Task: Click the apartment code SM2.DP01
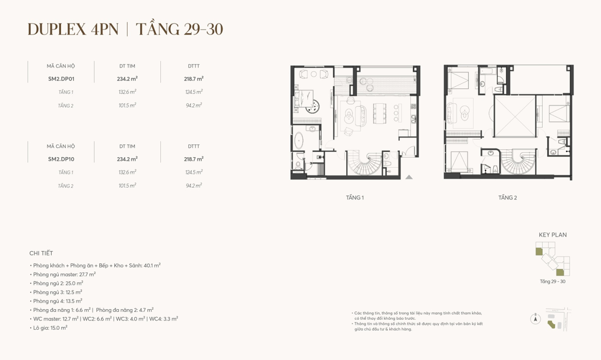point(61,79)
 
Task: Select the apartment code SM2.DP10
point(61,159)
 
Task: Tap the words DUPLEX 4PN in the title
point(73,29)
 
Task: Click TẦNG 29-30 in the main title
point(179,29)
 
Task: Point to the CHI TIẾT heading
point(41,253)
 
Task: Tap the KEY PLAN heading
point(553,235)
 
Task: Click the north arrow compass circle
point(535,319)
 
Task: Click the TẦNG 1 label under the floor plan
point(355,198)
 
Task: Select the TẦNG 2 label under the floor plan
point(508,198)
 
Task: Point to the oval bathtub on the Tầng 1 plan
point(299,140)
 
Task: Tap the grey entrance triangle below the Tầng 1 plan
point(409,177)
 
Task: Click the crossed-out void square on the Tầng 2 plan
point(515,116)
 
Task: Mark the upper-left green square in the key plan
point(539,251)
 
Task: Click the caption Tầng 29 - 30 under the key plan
point(553,281)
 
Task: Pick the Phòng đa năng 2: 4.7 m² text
point(125,310)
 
